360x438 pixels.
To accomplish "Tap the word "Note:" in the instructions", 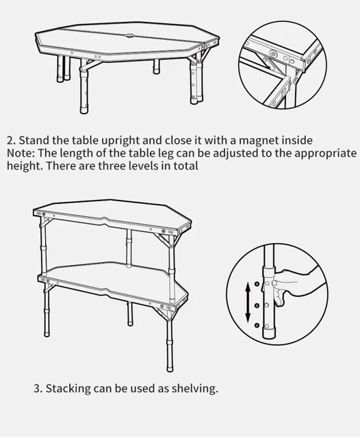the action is point(21,153).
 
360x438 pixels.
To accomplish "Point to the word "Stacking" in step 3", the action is point(68,389).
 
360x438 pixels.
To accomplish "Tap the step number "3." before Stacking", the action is point(38,389).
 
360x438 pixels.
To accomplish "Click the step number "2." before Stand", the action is point(11,140).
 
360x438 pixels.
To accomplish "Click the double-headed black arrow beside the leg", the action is point(248,302).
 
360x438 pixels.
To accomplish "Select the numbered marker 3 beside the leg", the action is point(257,284).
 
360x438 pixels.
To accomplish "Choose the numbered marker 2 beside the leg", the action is point(257,306).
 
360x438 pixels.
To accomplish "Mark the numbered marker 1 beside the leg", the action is point(257,325).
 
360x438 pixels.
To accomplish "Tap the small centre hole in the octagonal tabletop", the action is point(130,36).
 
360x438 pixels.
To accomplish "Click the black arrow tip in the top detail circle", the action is point(269,67).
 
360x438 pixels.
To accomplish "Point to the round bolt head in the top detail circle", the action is point(272,53).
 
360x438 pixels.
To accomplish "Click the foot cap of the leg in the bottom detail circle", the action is point(268,335).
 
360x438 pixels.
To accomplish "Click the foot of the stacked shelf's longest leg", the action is point(170,368).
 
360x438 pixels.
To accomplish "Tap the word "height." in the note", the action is point(25,166).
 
